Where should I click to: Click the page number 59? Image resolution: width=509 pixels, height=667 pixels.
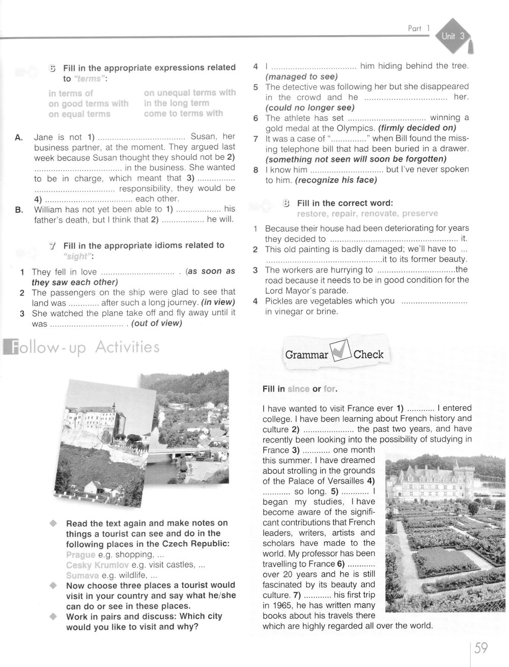pos(481,648)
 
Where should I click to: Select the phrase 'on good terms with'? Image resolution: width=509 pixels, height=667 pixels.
pos(88,104)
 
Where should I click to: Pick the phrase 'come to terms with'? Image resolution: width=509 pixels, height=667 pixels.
pos(183,114)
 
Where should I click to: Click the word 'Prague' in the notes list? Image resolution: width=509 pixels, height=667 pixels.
pos(80,554)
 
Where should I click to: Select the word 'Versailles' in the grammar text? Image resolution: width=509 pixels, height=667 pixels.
pos(344,481)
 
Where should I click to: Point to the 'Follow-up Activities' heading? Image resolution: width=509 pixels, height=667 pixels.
pos(81,348)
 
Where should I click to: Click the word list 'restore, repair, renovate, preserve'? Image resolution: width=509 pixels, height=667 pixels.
pos(367,214)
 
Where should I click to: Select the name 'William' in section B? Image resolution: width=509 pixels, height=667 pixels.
pos(49,209)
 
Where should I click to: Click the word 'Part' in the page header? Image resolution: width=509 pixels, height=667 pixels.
pos(415,29)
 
